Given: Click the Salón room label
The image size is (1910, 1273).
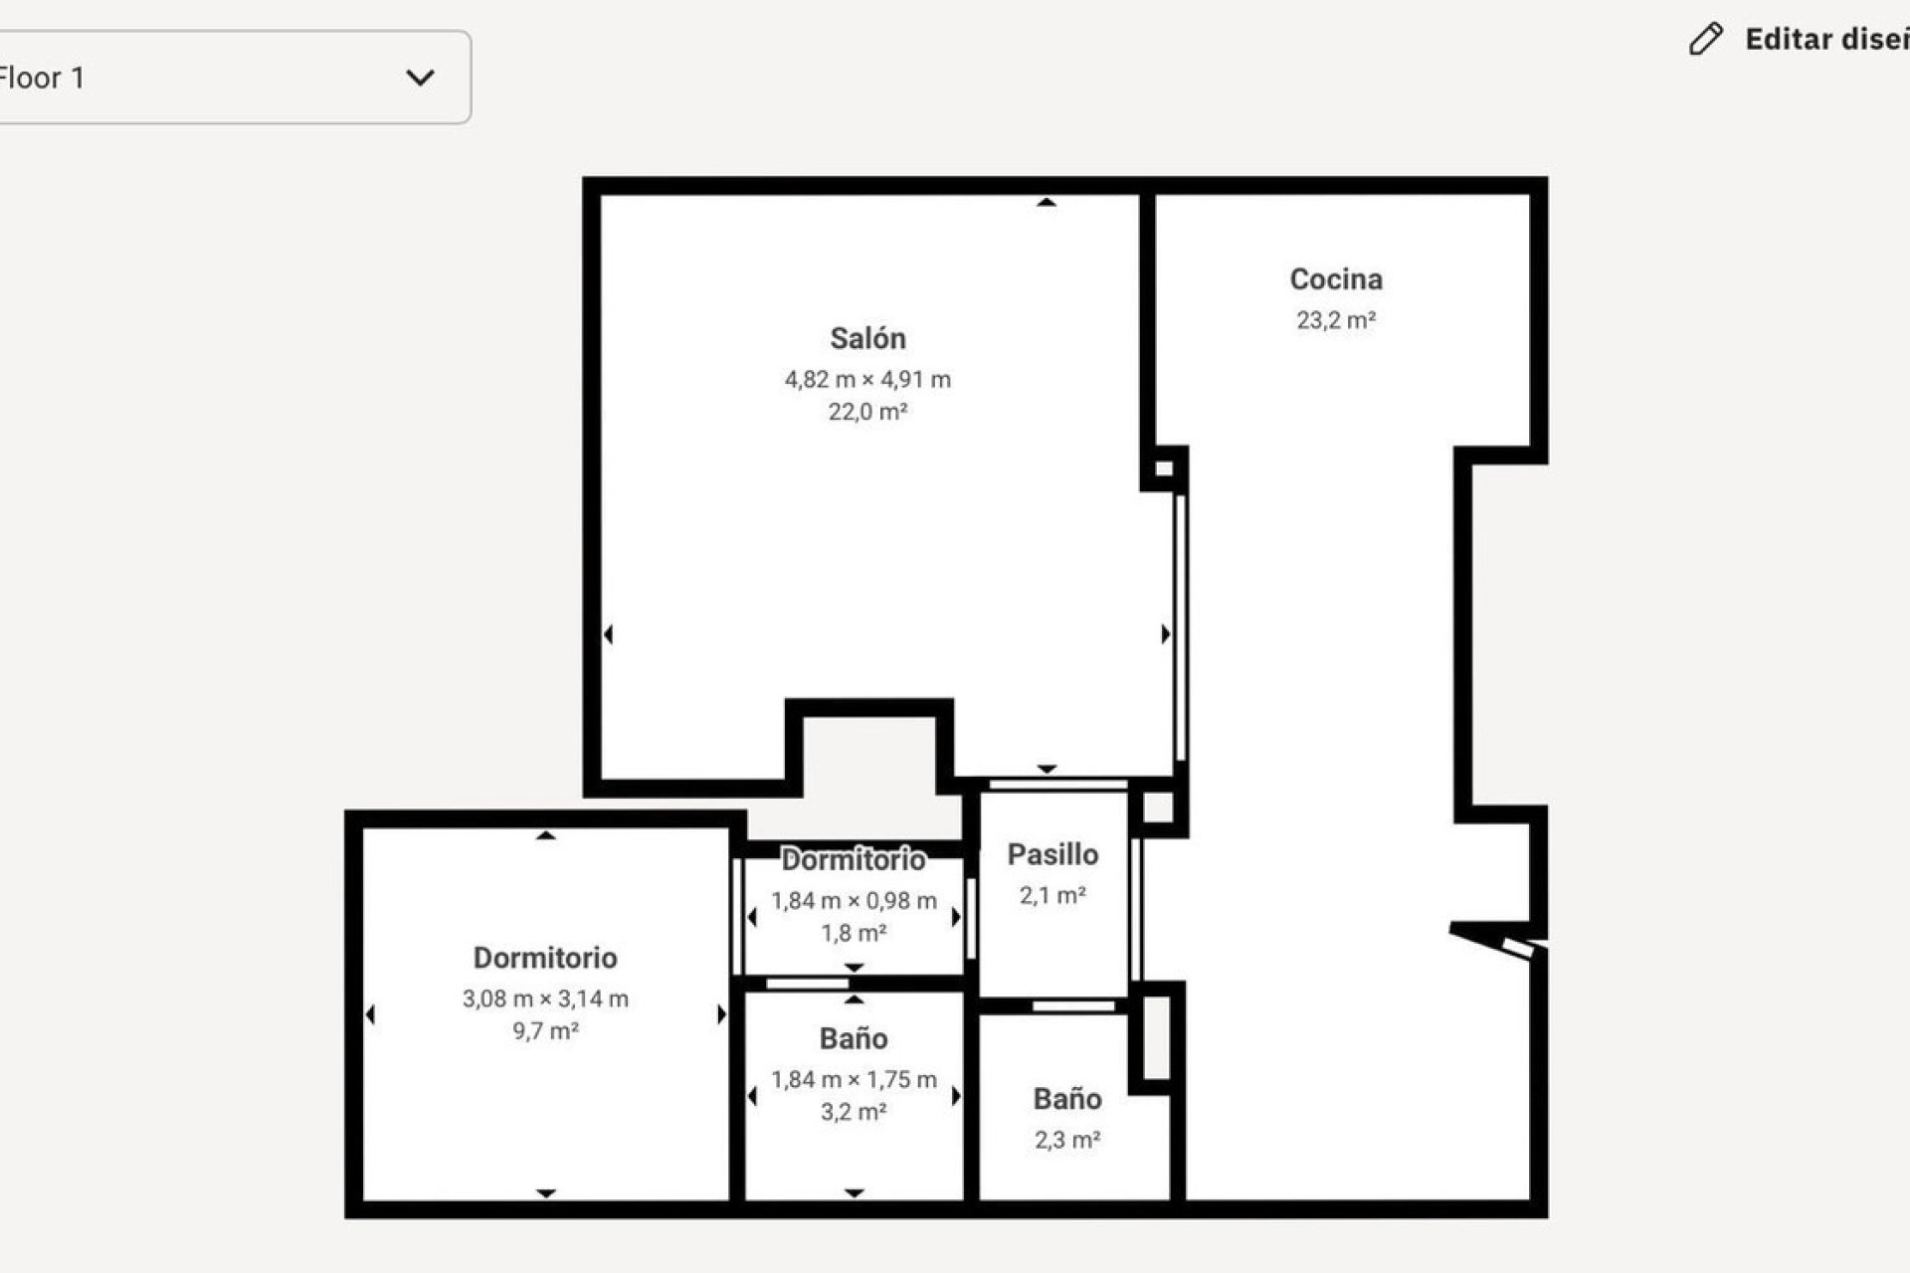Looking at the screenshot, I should pyautogui.click(x=867, y=339).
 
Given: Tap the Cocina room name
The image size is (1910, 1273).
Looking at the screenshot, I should pyautogui.click(x=1335, y=279).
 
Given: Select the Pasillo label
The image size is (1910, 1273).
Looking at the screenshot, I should pyautogui.click(x=1052, y=854).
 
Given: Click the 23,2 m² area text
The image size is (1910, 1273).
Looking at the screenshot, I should pyautogui.click(x=1335, y=320).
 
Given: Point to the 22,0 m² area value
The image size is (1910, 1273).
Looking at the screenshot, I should pyautogui.click(x=867, y=412).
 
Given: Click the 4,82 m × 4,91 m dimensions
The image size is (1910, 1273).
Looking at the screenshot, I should pyautogui.click(x=867, y=380).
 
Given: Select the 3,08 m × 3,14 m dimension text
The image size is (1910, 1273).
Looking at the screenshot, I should pyautogui.click(x=545, y=999).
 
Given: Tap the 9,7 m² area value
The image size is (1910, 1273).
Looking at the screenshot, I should pyautogui.click(x=545, y=1031).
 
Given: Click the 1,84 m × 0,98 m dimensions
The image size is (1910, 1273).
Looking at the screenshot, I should pyautogui.click(x=854, y=901).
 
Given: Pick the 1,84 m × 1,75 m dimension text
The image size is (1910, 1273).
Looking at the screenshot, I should pyautogui.click(x=854, y=1079).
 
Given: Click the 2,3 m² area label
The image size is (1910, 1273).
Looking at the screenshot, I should pyautogui.click(x=1066, y=1140).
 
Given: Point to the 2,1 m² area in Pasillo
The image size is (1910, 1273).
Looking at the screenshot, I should pyautogui.click(x=1052, y=895).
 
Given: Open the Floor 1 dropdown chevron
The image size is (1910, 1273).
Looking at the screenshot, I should pyautogui.click(x=420, y=78).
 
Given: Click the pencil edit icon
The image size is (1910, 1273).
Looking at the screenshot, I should pyautogui.click(x=1705, y=40).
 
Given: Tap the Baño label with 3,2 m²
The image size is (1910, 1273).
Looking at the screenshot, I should pyautogui.click(x=854, y=1038).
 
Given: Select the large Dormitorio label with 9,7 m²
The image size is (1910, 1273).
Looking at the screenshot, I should pyautogui.click(x=545, y=958).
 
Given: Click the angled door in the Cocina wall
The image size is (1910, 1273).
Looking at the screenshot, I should pyautogui.click(x=1497, y=940).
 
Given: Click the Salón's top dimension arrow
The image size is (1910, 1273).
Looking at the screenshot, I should pyautogui.click(x=1046, y=203).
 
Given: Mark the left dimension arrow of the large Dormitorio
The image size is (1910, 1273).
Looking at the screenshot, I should pyautogui.click(x=370, y=1014).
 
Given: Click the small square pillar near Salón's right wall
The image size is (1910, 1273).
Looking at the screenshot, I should pyautogui.click(x=1163, y=468).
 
